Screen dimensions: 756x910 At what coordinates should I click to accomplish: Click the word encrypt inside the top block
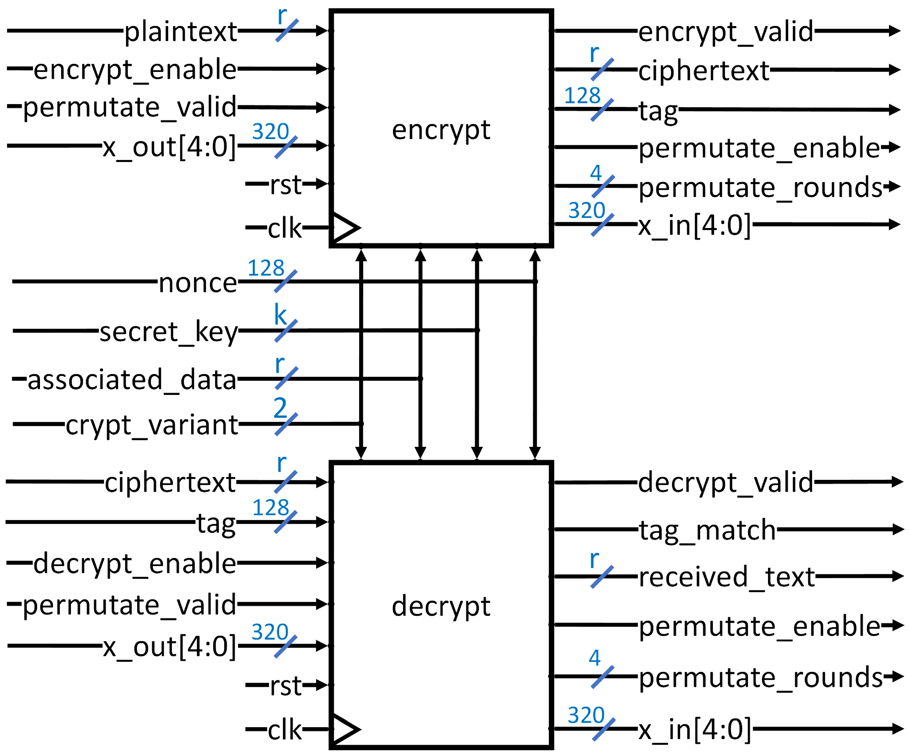pyautogui.click(x=441, y=130)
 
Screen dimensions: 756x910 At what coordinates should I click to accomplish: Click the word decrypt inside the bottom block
pyautogui.click(x=441, y=606)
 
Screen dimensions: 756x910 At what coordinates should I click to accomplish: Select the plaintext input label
pyautogui.click(x=181, y=32)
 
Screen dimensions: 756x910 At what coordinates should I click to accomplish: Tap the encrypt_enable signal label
pyautogui.click(x=135, y=69)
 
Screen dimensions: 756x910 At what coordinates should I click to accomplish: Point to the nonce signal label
pyautogui.click(x=198, y=283)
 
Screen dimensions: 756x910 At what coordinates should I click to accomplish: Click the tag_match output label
pyautogui.click(x=707, y=530)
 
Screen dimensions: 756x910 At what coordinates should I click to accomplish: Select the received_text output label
pyautogui.click(x=727, y=577)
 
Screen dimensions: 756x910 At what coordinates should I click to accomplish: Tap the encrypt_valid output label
pyautogui.click(x=726, y=32)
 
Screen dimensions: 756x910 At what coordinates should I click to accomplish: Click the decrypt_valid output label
pyautogui.click(x=726, y=482)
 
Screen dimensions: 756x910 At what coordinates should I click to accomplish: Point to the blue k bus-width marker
pyautogui.click(x=280, y=314)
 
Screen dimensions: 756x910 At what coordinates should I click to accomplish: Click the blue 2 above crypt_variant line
pyautogui.click(x=280, y=408)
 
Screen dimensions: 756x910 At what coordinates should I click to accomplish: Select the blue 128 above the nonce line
pyautogui.click(x=266, y=268)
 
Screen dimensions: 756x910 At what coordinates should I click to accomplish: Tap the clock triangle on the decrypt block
pyautogui.click(x=345, y=729)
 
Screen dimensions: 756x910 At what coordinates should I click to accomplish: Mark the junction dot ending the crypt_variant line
pyautogui.click(x=361, y=423)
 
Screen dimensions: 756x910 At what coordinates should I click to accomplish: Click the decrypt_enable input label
pyautogui.click(x=135, y=564)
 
